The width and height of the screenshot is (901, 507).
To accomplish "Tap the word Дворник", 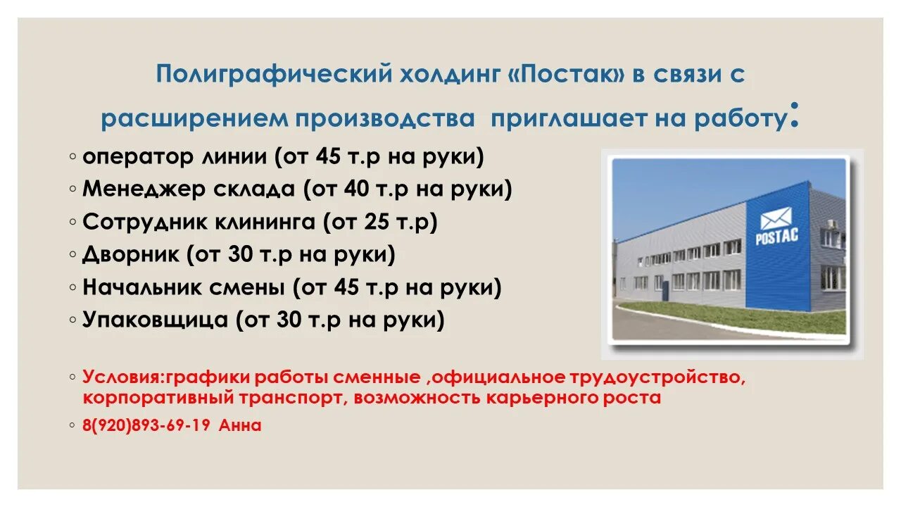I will point(130,254).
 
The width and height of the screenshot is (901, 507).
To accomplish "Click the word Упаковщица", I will point(155,320).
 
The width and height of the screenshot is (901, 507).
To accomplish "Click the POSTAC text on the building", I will point(776,236).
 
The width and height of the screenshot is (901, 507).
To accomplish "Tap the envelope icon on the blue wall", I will point(776,217).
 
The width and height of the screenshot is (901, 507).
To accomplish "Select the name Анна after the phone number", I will point(240,425).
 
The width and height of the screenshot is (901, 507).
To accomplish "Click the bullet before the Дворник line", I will point(73,255).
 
